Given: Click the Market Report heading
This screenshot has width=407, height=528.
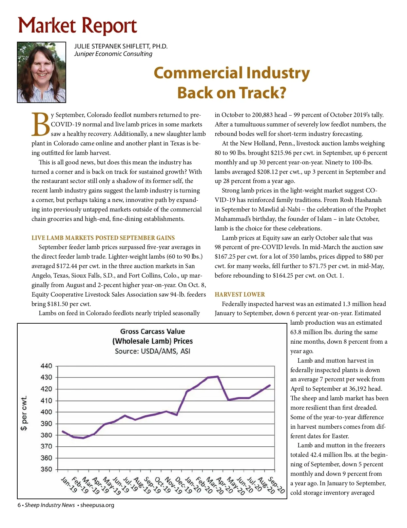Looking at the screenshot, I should (77, 26).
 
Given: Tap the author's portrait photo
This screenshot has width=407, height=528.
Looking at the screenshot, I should (41, 72).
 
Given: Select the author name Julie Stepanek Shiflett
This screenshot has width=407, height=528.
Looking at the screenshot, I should (121, 46).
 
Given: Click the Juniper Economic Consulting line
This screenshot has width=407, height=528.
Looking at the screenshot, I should (113, 54).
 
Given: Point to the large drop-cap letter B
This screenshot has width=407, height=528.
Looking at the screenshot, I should (41, 124).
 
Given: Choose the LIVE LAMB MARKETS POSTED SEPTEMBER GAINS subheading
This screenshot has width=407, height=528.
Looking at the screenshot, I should (103, 238).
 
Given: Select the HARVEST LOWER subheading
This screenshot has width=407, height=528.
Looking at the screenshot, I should (240, 295).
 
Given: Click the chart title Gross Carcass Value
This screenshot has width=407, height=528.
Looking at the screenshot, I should (153, 331).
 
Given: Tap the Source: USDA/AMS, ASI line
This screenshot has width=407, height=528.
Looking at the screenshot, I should (153, 351).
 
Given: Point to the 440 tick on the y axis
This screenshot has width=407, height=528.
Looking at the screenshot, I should (46, 366).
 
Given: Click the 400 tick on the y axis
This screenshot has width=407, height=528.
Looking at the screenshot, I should (46, 412).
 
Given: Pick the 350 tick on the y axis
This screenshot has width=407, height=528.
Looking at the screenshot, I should (46, 469).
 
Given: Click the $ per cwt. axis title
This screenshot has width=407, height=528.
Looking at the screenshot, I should (24, 413).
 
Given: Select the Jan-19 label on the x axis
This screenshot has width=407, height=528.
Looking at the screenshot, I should (69, 485).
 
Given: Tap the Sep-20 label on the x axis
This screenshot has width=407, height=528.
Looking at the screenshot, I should (276, 485).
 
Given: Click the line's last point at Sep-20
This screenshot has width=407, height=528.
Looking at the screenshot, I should (270, 385).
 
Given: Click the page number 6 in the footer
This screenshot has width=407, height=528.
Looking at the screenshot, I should (19, 505).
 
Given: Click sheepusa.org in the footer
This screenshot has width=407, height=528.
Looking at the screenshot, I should (97, 505).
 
